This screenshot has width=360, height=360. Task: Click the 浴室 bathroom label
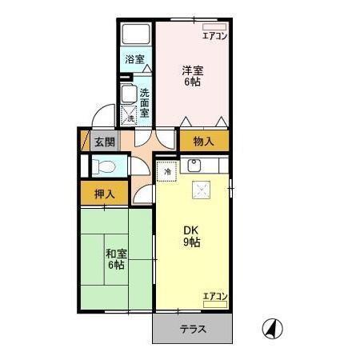point(134,59)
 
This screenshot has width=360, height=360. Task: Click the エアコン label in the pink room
point(214,35)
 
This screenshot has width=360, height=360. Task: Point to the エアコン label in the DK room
point(214,297)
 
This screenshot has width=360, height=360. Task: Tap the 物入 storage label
point(203,142)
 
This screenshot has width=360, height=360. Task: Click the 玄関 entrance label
point(103,142)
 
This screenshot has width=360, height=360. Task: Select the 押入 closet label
point(105,193)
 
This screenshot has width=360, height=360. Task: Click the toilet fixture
point(102,167)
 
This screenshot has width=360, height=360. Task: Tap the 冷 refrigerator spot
point(168,170)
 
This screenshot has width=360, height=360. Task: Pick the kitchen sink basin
point(194,167)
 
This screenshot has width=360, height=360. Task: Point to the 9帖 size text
point(190,242)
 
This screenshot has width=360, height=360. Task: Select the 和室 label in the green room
point(114,254)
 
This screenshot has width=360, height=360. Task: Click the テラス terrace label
point(192,328)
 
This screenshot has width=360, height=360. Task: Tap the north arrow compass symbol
point(272,327)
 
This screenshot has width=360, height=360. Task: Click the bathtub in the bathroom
point(137,35)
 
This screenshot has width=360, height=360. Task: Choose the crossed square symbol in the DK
point(202,191)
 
